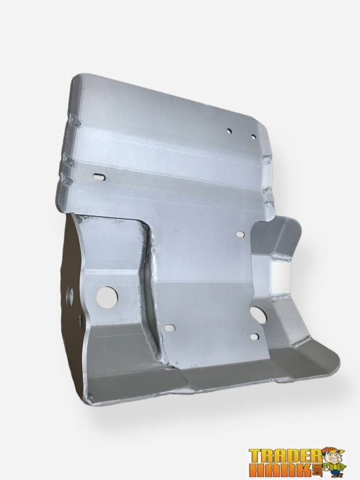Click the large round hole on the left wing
107,295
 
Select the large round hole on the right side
259,312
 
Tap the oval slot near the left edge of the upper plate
97,176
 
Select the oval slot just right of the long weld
170,328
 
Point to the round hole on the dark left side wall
71,295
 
